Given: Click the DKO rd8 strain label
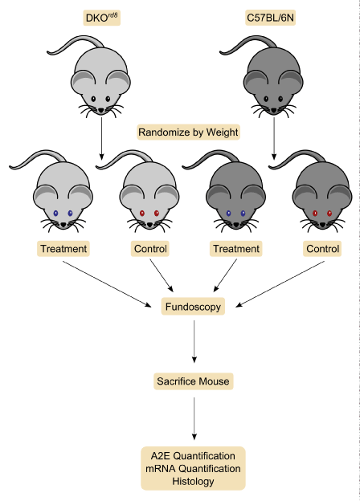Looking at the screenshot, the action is [102, 18].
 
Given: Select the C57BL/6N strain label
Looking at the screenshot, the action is [271, 18].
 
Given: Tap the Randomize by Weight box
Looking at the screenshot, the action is [189, 132].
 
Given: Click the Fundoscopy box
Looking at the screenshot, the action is [193, 307].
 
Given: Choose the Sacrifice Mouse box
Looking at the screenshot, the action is [194, 381].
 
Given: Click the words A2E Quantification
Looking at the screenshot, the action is [193, 455].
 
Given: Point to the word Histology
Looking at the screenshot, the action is [193, 481].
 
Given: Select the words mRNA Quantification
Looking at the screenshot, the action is [193, 468].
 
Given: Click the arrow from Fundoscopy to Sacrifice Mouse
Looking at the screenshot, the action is [194, 341].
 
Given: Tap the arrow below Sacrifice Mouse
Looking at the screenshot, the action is [194, 418].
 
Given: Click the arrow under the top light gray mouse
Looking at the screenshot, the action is [102, 138].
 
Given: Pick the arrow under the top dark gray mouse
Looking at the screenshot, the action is [274, 138].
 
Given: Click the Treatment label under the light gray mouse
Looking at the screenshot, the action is [63, 249].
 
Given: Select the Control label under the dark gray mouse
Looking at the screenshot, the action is [322, 249].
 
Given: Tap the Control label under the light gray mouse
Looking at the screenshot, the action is [150, 249].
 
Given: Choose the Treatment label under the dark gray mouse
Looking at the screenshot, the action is [236, 249].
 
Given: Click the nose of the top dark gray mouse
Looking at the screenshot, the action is [274, 111].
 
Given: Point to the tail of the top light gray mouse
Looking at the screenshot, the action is [75, 44].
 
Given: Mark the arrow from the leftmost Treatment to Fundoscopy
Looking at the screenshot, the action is [107, 284].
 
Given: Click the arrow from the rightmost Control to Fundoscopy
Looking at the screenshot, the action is [280, 284].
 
